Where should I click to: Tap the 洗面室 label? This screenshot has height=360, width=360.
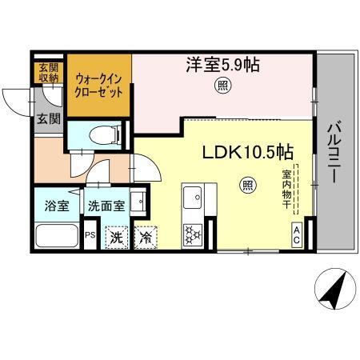tap(106, 206)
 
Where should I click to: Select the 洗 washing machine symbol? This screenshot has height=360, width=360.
tap(117, 237)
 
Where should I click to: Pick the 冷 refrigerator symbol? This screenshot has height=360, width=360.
tap(146, 237)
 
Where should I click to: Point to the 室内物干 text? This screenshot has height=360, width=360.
tap(286, 189)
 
